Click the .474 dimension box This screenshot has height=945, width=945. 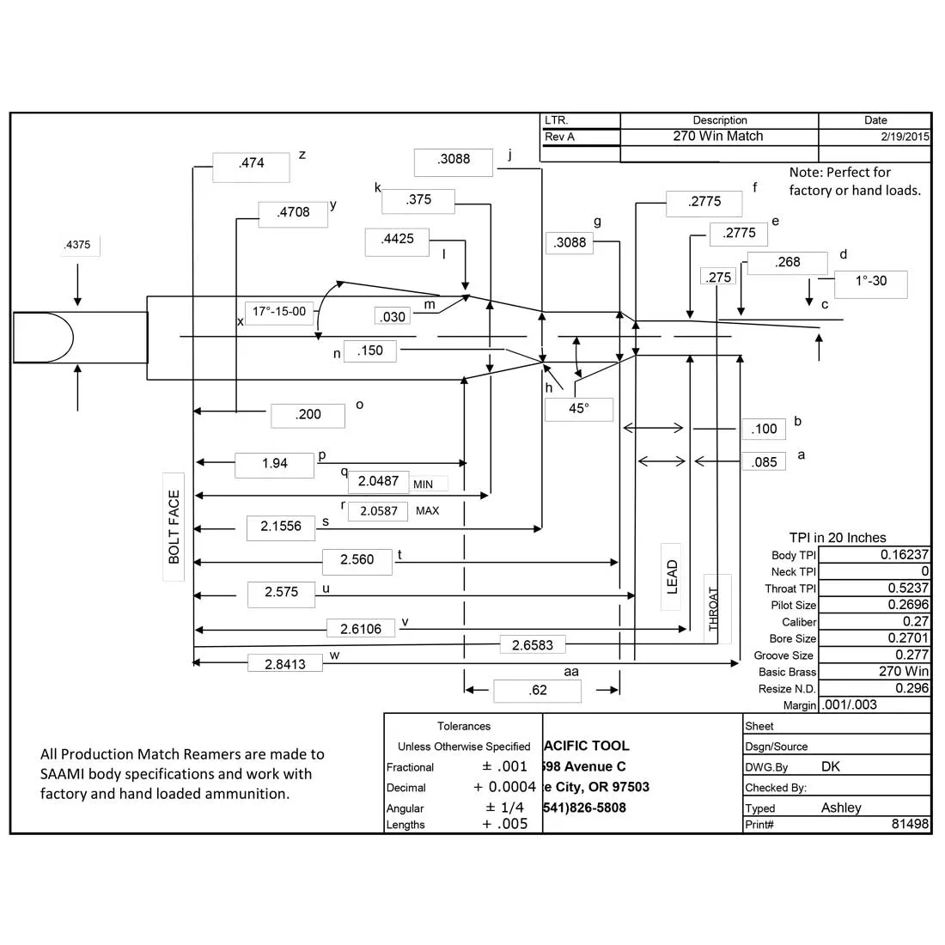click(x=252, y=167)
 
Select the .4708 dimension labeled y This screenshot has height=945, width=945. click(x=293, y=214)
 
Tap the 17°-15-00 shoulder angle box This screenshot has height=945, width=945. click(x=280, y=312)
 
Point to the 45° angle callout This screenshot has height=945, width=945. click(x=578, y=409)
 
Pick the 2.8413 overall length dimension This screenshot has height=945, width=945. click(x=285, y=663)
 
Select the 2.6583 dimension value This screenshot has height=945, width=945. click(x=533, y=645)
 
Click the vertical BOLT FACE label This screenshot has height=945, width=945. click(x=174, y=527)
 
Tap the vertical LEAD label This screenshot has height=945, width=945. click(x=672, y=576)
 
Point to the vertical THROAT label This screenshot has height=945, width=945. click(x=714, y=609)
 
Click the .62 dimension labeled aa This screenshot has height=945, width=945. click(x=538, y=691)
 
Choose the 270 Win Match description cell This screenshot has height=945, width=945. click(x=718, y=137)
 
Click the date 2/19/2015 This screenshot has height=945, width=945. click(x=905, y=137)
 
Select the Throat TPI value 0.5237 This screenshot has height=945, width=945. click(x=908, y=588)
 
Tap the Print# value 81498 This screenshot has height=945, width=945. click(x=910, y=824)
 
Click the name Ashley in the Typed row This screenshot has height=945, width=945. click(x=841, y=808)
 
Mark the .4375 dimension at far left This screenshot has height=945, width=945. click(x=77, y=245)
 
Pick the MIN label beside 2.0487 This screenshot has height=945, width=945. click(x=423, y=484)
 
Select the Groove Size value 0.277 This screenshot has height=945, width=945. click(x=911, y=655)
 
